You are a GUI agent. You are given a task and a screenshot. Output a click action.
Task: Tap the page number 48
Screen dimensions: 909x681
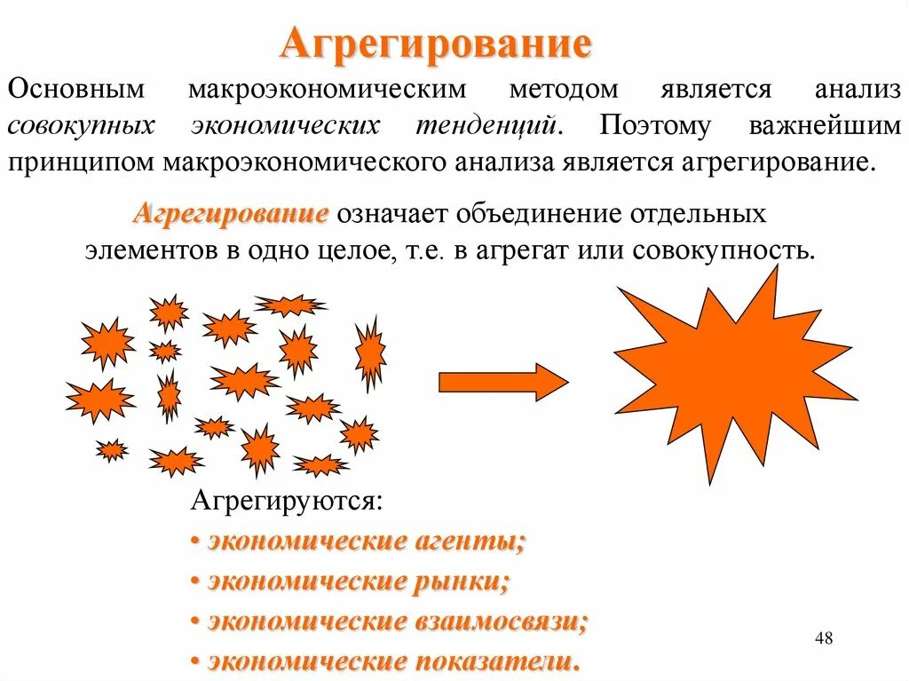(823, 638)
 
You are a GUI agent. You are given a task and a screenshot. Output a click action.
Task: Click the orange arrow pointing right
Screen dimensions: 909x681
(502, 382)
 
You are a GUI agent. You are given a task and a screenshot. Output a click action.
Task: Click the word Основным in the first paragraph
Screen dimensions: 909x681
(68, 91)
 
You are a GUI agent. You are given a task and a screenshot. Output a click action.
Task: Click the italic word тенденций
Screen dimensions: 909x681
(488, 125)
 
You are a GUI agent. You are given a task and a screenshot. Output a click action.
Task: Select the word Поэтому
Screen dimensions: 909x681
(655, 125)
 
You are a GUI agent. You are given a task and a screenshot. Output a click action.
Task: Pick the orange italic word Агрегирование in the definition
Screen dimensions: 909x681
(233, 214)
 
